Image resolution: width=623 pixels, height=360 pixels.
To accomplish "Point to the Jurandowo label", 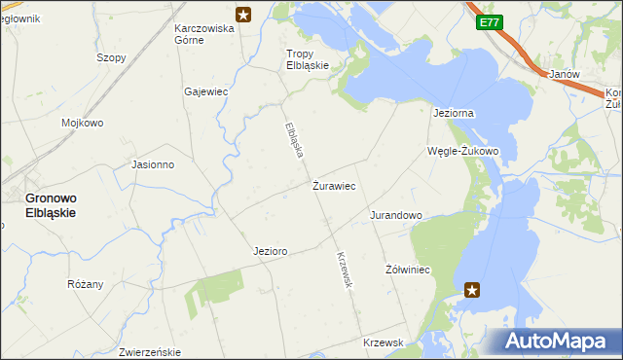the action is tap(395, 215).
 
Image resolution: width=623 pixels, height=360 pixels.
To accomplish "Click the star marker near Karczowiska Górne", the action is tap(243, 15).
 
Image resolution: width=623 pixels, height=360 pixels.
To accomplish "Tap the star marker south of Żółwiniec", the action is tap(472, 289).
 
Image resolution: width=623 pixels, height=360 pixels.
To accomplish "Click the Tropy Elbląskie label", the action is tap(307, 59).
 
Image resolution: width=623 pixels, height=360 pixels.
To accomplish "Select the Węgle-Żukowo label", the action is tap(463, 151).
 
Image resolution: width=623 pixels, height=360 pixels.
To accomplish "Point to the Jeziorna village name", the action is tap(453, 113).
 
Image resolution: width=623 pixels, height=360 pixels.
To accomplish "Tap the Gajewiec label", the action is tap(205, 91).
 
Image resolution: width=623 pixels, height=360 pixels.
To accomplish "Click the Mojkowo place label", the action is tap(83, 124).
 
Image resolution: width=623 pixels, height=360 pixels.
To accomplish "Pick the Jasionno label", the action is tap(153, 164).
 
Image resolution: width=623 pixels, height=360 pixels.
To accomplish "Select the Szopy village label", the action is tap(111, 57).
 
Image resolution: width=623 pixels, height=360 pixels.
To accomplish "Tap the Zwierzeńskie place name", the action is tap(150, 351).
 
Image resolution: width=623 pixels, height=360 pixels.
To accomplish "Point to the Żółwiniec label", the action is tap(408, 269).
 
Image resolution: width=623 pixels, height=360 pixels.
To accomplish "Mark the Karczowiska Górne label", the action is tap(204, 34).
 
